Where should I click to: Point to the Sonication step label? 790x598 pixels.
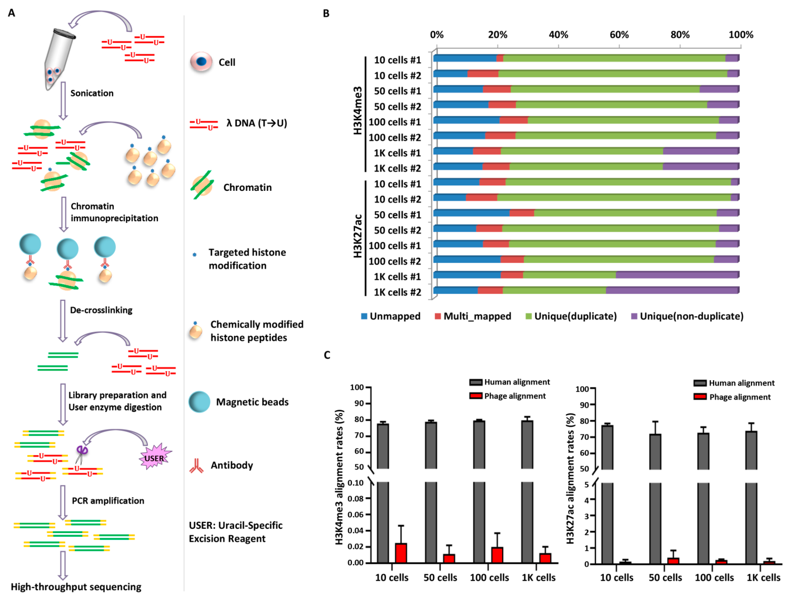(92, 93)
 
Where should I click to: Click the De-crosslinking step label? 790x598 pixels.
(101, 310)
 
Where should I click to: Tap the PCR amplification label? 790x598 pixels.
(108, 500)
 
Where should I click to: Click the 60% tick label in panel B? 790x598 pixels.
(619, 35)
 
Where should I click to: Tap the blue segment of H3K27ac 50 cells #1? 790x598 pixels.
(471, 213)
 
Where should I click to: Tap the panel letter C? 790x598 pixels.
(327, 355)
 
